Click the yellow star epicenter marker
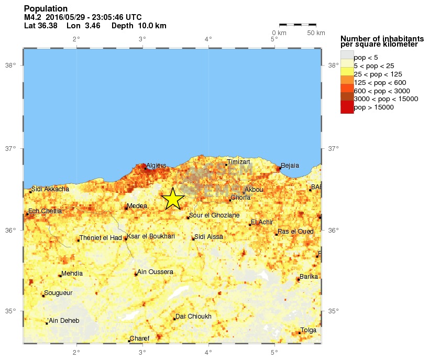(x=172, y=199)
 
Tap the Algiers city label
(x=156, y=166)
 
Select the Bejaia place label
(x=290, y=166)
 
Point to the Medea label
(x=137, y=206)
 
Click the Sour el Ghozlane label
(x=214, y=215)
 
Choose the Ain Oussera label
(x=155, y=272)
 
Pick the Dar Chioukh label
(x=193, y=317)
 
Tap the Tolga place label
(x=308, y=330)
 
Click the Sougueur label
(x=59, y=293)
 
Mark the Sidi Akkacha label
(x=50, y=189)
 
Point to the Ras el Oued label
(x=295, y=232)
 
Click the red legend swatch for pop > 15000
(x=347, y=107)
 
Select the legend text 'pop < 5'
(x=366, y=58)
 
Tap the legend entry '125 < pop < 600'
(x=380, y=83)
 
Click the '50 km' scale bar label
(x=316, y=33)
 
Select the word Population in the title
(x=46, y=9)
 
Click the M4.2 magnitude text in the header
(x=32, y=17)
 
